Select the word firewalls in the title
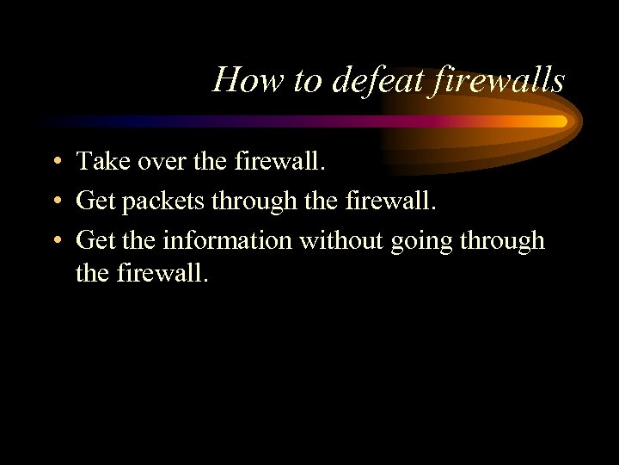pyautogui.click(x=498, y=80)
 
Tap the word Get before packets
pyautogui.click(x=95, y=200)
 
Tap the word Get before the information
pyautogui.click(x=95, y=239)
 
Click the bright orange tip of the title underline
pyautogui.click(x=559, y=121)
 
